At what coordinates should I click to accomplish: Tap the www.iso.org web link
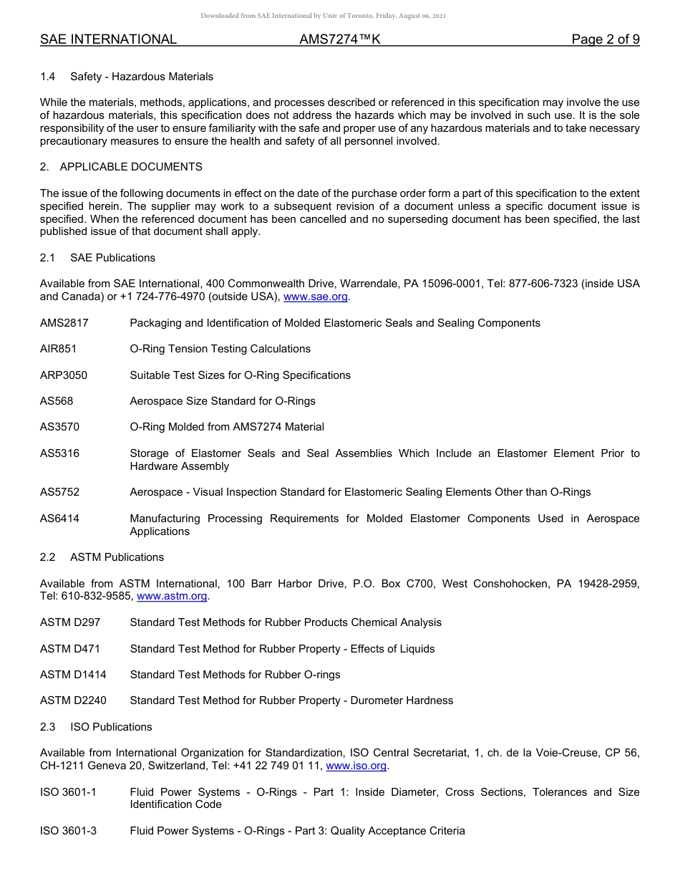[356, 766]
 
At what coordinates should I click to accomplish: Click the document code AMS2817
[64, 323]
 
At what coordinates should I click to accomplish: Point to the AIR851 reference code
[59, 349]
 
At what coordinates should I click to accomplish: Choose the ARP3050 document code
[64, 375]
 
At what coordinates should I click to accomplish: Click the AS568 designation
[57, 401]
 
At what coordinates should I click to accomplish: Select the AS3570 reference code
[59, 427]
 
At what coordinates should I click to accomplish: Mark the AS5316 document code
[59, 453]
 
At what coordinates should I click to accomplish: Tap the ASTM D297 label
[70, 622]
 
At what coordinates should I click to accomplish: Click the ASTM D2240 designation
[73, 701]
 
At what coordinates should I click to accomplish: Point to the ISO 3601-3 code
[68, 831]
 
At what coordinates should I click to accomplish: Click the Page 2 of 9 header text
[605, 39]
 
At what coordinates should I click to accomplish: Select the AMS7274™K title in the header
[340, 39]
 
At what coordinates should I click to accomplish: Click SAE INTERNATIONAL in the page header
[108, 39]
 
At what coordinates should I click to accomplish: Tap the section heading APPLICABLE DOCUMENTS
[131, 167]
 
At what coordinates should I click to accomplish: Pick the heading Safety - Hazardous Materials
[142, 77]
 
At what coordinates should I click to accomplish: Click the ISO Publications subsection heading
[111, 727]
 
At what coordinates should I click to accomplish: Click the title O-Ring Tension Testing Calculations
[220, 349]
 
